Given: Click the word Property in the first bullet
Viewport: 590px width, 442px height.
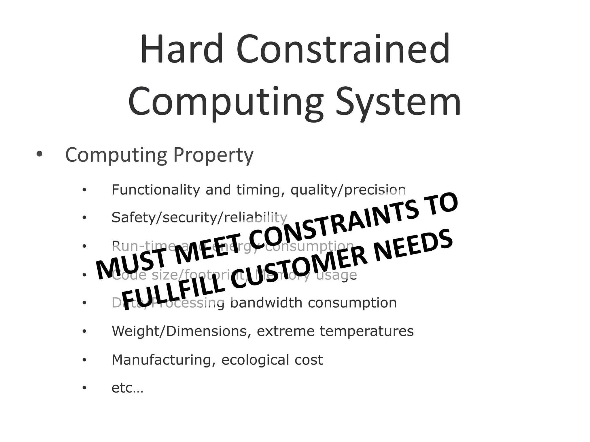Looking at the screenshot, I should tap(213, 155).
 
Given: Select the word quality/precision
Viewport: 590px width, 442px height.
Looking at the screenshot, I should tap(348, 190).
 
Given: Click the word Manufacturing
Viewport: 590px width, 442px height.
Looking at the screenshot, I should tap(161, 360).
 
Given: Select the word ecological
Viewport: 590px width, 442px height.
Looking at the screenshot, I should tap(254, 360).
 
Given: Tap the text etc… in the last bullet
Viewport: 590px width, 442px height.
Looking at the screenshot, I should tap(127, 388).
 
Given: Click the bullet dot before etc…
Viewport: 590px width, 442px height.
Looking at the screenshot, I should tap(84, 388).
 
